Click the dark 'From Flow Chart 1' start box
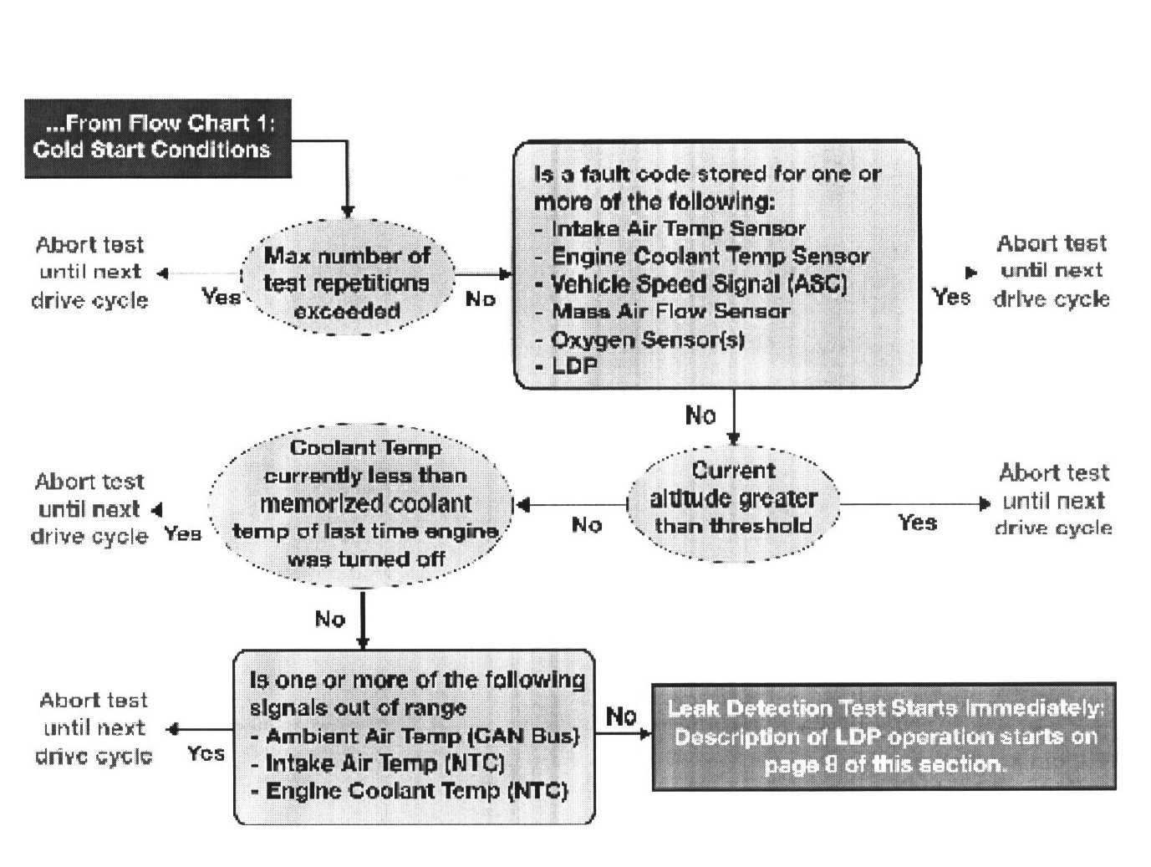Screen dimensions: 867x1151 click(157, 138)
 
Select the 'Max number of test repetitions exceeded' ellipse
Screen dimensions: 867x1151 click(347, 283)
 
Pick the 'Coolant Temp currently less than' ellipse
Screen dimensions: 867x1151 click(364, 503)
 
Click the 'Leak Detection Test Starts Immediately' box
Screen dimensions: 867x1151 click(884, 737)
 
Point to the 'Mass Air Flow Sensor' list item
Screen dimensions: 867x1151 click(670, 312)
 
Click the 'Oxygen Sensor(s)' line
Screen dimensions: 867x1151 click(647, 339)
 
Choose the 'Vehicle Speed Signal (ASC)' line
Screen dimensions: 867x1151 click(699, 284)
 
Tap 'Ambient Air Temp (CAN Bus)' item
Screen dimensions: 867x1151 click(422, 737)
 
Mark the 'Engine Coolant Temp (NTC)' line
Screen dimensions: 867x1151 click(415, 791)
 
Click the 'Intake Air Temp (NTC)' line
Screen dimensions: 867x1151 click(385, 763)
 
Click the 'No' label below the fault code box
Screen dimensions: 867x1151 click(700, 415)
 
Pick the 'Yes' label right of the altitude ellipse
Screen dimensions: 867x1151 click(917, 523)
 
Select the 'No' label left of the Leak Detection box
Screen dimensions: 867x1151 click(621, 716)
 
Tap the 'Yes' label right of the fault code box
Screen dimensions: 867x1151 click(951, 297)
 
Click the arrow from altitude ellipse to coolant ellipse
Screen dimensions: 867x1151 click(572, 504)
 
